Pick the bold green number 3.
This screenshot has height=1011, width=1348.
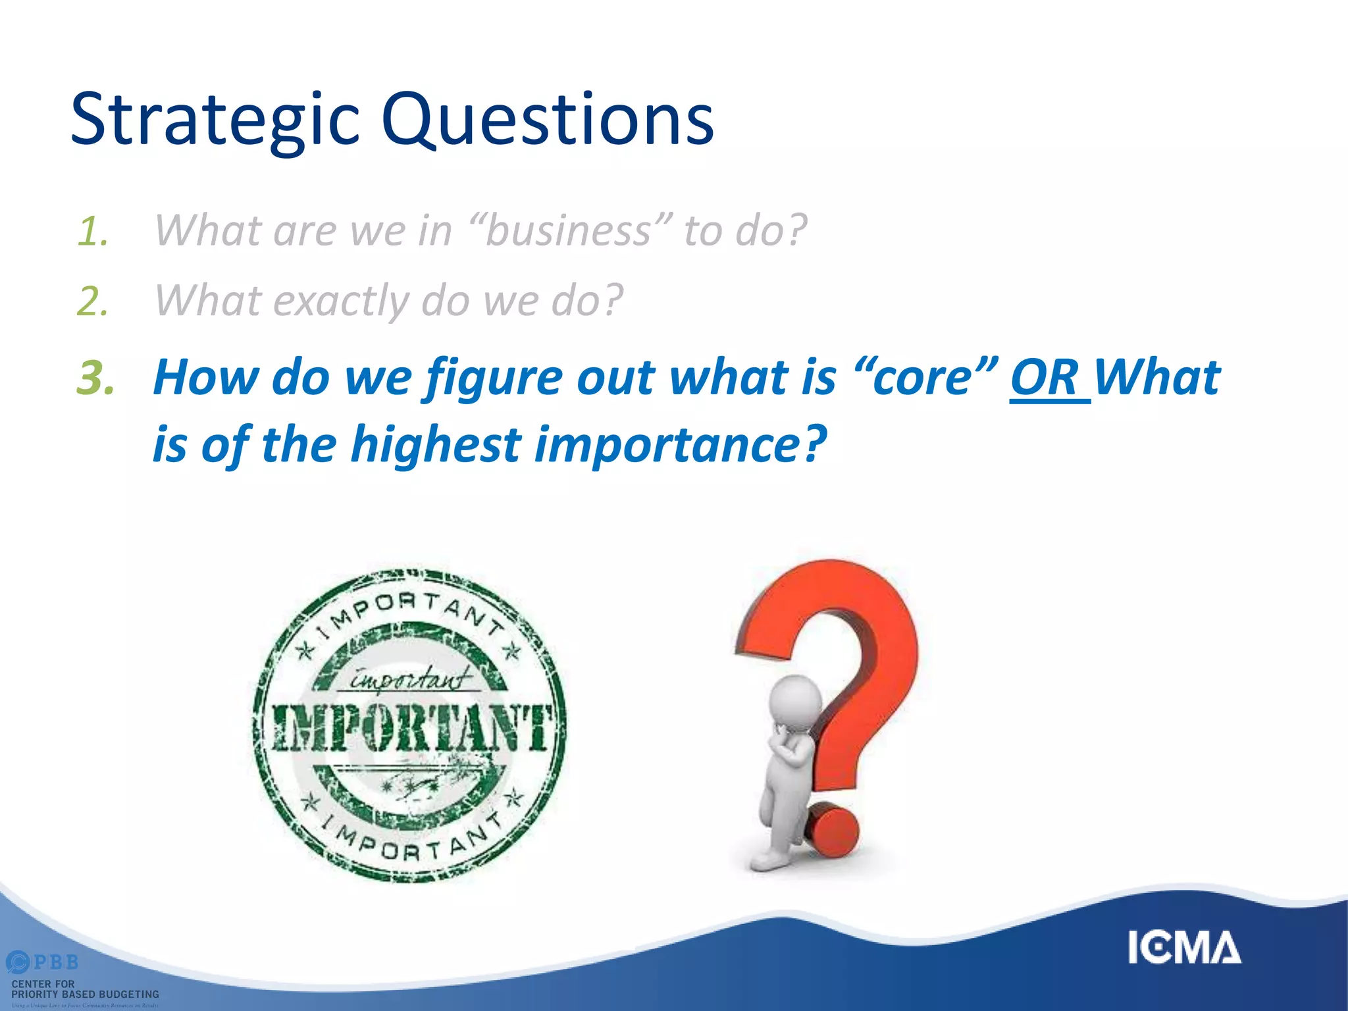(96, 379)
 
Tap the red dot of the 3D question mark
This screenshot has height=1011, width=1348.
(833, 829)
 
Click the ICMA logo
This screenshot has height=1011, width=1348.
(1184, 948)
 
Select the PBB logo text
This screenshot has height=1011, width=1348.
(55, 962)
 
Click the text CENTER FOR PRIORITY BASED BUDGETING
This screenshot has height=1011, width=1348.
(84, 989)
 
